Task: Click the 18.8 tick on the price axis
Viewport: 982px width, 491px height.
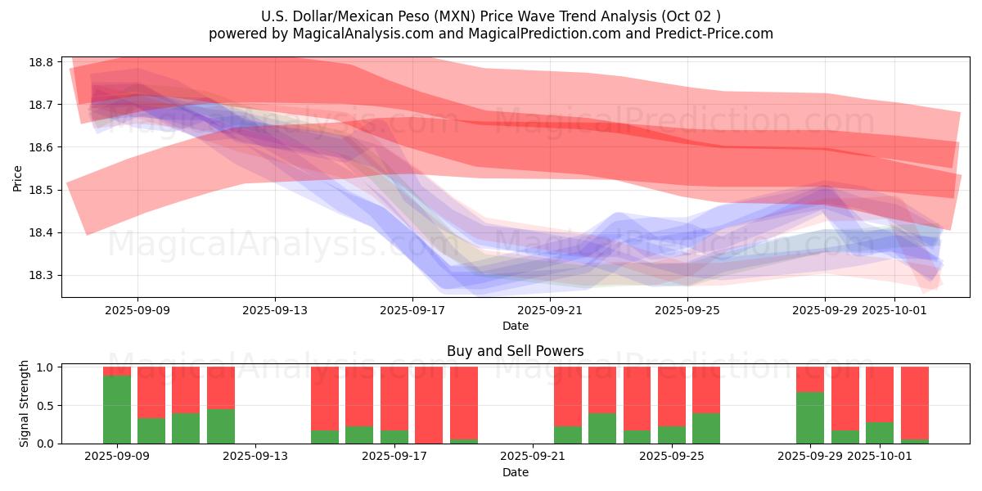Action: click(x=42, y=62)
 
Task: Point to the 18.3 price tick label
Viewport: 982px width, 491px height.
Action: click(x=42, y=276)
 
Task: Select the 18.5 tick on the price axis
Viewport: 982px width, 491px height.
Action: click(x=42, y=190)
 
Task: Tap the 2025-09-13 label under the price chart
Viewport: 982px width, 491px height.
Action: click(x=274, y=310)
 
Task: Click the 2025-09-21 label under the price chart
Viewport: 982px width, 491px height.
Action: click(x=550, y=310)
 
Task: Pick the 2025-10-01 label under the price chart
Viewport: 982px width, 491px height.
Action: click(x=894, y=310)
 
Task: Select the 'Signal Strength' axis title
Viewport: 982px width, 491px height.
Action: click(x=25, y=403)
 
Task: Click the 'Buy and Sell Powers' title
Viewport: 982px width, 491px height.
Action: click(x=516, y=351)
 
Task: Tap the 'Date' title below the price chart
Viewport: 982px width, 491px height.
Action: click(x=516, y=326)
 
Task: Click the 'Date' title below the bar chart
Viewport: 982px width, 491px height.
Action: click(x=516, y=472)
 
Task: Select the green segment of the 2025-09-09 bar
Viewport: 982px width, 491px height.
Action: click(x=117, y=409)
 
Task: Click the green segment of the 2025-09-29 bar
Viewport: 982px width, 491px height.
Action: click(x=810, y=417)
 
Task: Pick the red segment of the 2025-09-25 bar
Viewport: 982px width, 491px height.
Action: click(x=672, y=396)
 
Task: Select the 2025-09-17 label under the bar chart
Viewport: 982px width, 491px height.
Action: click(x=394, y=457)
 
